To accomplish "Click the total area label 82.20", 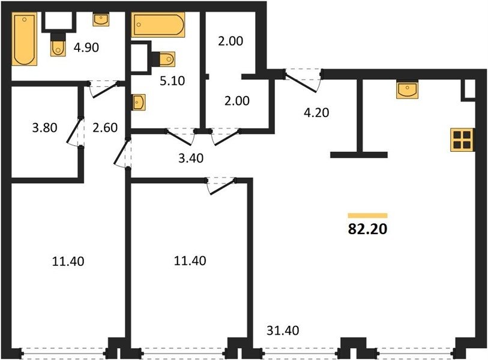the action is [x=367, y=229].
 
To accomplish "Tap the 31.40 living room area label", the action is [x=283, y=331].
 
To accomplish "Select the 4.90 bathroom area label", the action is [x=86, y=47].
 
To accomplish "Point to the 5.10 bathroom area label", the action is [x=172, y=80].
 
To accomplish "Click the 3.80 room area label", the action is [x=44, y=128].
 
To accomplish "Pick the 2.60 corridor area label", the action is [x=105, y=128].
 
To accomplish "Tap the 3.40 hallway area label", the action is [x=191, y=158].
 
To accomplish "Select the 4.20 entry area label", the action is [x=316, y=112].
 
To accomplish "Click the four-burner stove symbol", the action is [x=462, y=140].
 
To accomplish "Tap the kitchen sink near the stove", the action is [x=407, y=90].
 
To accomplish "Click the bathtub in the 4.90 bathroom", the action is [x=24, y=39].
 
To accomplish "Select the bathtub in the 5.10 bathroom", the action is [x=158, y=25].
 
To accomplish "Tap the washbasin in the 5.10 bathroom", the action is [x=139, y=102].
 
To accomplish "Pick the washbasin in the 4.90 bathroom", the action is [x=101, y=20].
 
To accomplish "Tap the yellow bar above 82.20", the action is [x=367, y=215].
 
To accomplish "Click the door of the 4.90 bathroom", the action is [x=104, y=89].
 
